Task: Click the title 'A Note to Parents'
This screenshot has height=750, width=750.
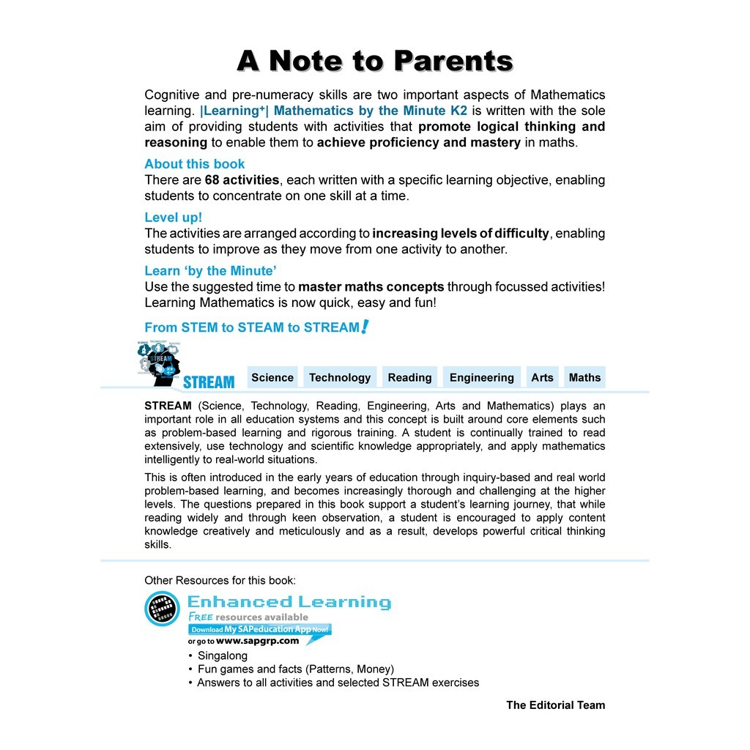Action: coord(375,62)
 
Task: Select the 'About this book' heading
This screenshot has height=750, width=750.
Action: coord(195,164)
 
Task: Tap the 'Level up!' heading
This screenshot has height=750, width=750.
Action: coord(173,218)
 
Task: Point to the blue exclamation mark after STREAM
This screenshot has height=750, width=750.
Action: coord(365,327)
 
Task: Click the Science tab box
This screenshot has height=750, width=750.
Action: coord(272,377)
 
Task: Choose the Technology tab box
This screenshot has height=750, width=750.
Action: coord(340,377)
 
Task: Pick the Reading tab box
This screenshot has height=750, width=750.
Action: coord(409,377)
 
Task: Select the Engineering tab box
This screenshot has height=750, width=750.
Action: coord(482,377)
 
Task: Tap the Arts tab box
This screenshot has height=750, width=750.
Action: coord(542,377)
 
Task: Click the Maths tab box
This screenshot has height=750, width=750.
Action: coord(584,377)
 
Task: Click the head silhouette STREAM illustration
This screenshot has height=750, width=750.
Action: coord(160,363)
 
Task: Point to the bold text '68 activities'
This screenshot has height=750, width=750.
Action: coord(242,180)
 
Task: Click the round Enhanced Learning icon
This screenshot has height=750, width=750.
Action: coord(162,609)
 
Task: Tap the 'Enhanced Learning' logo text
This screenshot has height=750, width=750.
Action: coord(289,602)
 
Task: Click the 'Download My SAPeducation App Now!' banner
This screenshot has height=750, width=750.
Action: coord(260,629)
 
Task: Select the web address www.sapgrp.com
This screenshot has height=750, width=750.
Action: coord(258,641)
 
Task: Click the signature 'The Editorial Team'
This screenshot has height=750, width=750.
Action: coord(555,705)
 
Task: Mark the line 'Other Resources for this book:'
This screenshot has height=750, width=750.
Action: coord(220,581)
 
